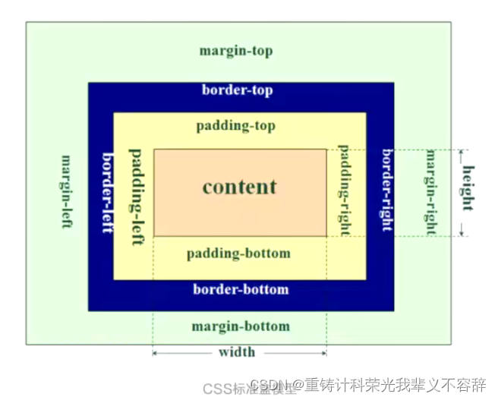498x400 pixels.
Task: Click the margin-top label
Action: point(235,52)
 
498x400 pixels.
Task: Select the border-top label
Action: point(237,90)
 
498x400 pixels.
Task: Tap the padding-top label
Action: point(235,126)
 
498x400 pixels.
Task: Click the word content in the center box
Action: point(240,187)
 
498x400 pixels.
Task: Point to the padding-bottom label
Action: point(238,253)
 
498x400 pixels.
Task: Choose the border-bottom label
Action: point(241,289)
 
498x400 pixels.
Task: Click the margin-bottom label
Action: point(240,326)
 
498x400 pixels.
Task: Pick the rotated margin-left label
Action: point(67,193)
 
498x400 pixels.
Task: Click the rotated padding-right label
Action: point(343,189)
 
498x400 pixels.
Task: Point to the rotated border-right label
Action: point(387,190)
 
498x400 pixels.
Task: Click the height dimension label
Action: point(468,190)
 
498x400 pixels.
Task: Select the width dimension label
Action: point(237,352)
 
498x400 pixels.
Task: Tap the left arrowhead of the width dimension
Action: point(156,352)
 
